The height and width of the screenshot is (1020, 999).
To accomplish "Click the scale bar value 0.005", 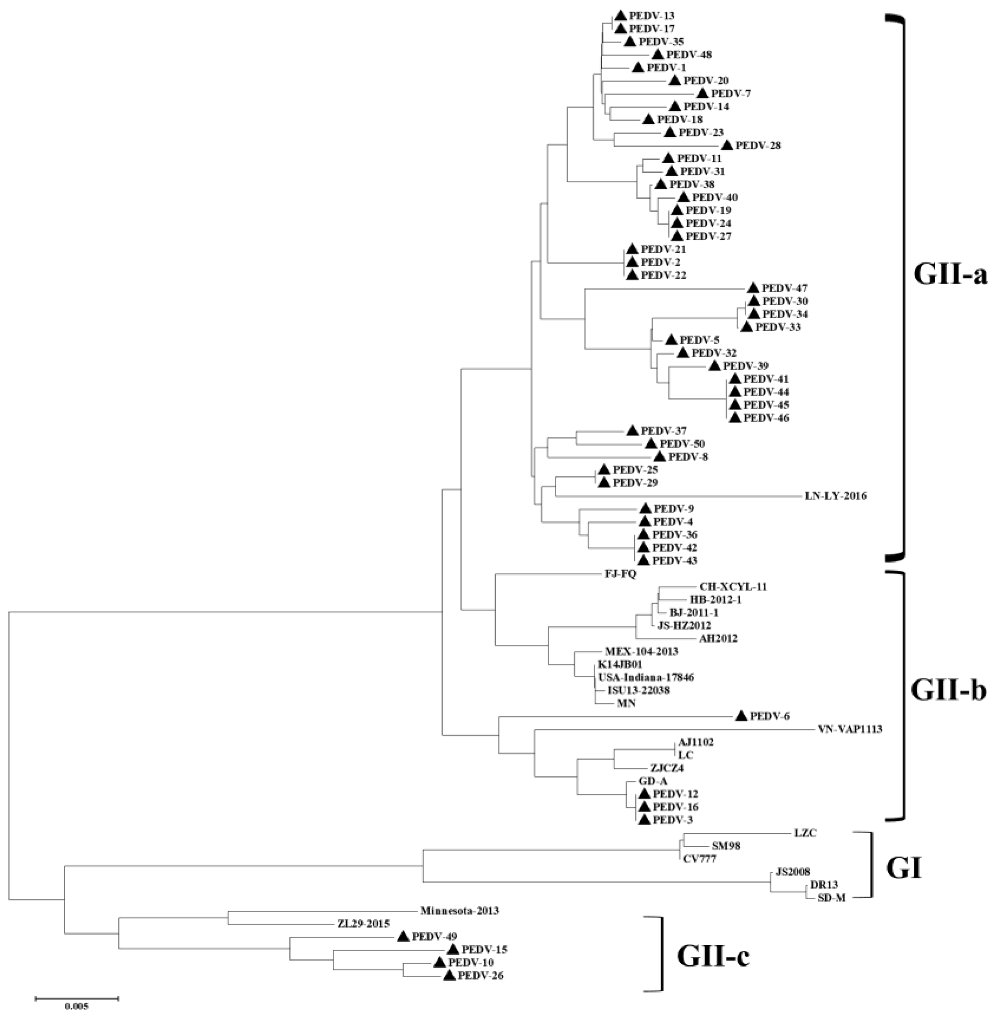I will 77,1006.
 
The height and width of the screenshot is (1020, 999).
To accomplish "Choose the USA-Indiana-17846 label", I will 646,677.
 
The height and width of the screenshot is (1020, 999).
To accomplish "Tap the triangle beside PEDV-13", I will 621,16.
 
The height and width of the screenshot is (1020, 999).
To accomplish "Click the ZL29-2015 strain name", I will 364,923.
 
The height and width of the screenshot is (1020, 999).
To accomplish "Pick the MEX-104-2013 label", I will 641,651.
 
